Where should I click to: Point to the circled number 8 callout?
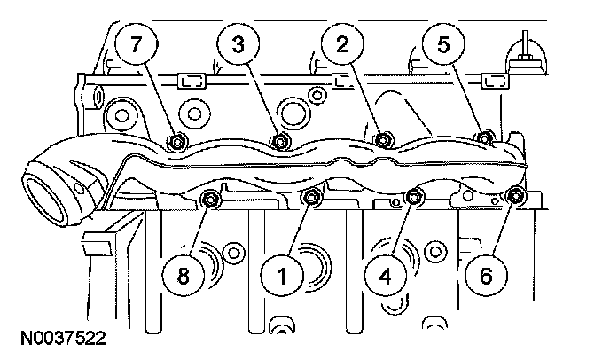tap(184, 276)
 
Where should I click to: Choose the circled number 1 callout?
tap(282, 276)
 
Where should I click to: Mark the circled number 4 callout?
tap(384, 276)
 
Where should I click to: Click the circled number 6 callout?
tap(484, 276)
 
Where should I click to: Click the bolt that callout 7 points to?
tap(176, 141)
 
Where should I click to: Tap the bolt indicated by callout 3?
tap(280, 140)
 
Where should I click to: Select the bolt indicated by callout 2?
tap(382, 138)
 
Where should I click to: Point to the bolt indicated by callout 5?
tap(484, 138)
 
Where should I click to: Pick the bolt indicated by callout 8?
tap(211, 199)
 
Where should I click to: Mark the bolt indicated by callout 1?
tap(309, 197)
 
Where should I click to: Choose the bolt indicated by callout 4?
tap(413, 197)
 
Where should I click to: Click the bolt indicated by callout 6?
tap(515, 196)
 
